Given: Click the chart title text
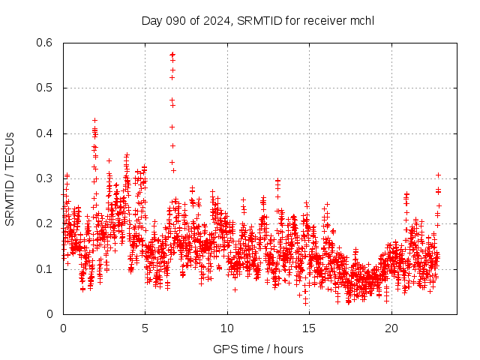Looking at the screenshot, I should pyautogui.click(x=257, y=20).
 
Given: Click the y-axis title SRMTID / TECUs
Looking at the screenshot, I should pyautogui.click(x=10, y=178).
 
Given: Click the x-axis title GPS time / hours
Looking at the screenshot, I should pyautogui.click(x=258, y=349).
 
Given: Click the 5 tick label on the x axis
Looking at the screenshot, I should pyautogui.click(x=145, y=328).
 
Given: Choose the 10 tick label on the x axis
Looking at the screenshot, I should pyautogui.click(x=227, y=328).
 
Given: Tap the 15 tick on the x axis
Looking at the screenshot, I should pyautogui.click(x=309, y=328).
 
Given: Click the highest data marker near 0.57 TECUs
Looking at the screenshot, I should pyautogui.click(x=172, y=54).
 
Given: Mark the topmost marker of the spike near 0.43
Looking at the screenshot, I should pyautogui.click(x=94, y=120).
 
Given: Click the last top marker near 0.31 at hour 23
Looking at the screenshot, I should pyautogui.click(x=438, y=175).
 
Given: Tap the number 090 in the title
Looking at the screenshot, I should pyautogui.click(x=173, y=20).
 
